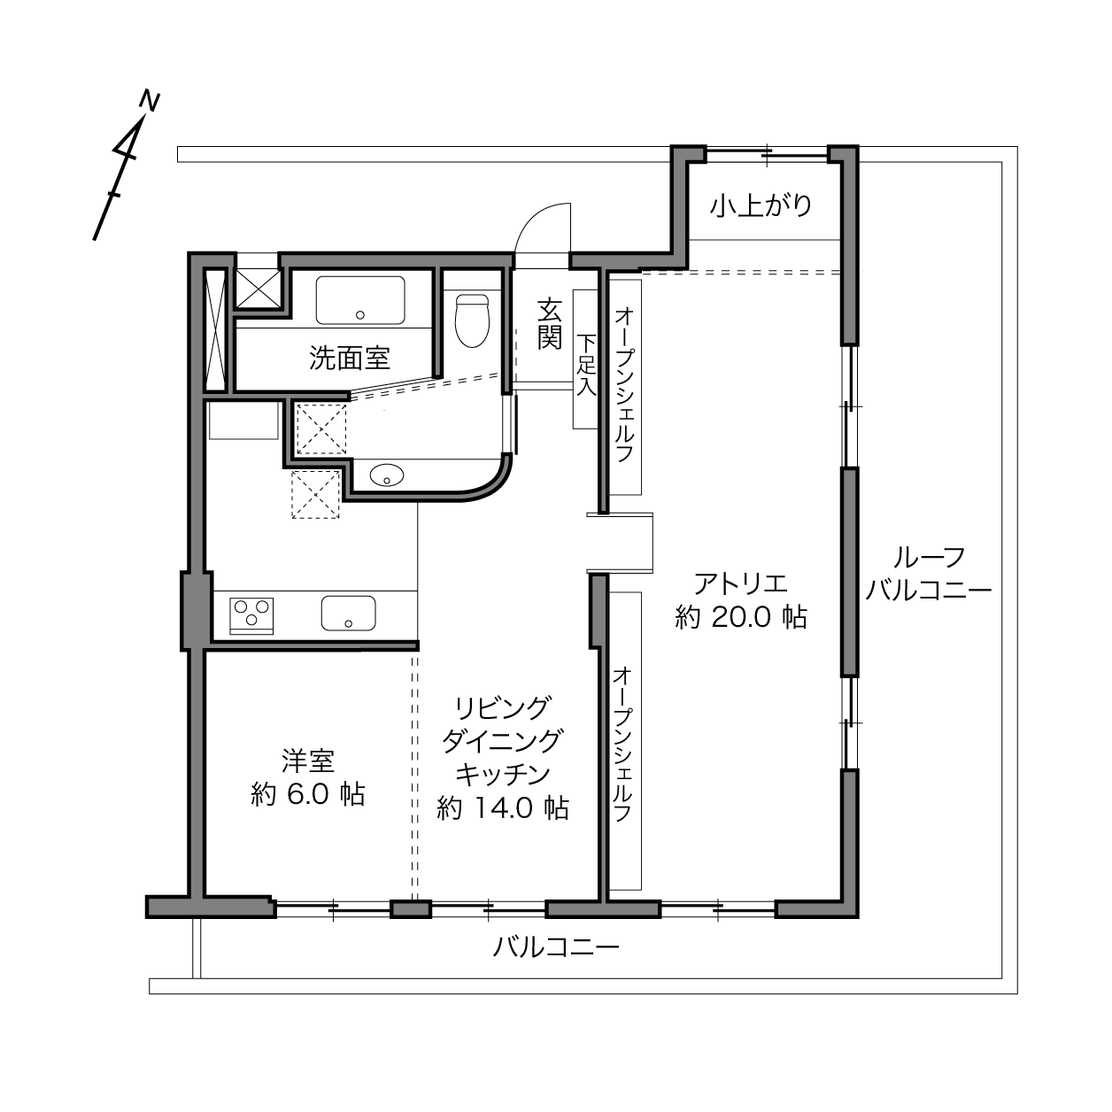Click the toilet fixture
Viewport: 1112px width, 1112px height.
(x=472, y=320)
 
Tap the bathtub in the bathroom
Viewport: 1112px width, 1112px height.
(x=360, y=300)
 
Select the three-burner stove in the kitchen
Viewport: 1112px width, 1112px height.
(x=251, y=615)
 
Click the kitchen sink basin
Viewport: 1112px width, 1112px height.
(x=349, y=614)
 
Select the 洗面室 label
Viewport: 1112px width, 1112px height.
(x=350, y=358)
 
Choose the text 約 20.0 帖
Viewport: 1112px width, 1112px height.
(x=740, y=617)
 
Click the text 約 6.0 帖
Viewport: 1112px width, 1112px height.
(x=307, y=795)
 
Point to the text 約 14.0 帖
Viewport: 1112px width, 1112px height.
(x=503, y=808)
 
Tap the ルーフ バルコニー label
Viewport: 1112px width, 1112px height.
(x=929, y=574)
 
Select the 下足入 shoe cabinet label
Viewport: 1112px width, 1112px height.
(x=586, y=364)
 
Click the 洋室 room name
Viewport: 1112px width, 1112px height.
(x=308, y=761)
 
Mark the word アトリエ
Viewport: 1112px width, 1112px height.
(x=740, y=583)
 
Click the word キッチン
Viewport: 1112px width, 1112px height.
(x=503, y=775)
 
